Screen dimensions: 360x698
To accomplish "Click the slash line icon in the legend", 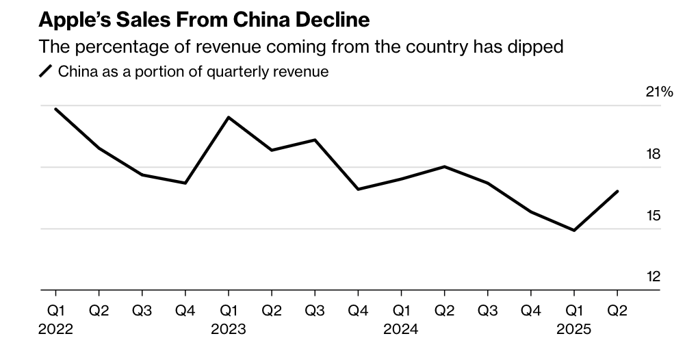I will [x=46, y=71].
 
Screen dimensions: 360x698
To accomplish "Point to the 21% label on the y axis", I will [x=660, y=92].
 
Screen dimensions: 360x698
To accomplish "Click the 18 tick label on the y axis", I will [x=653, y=154].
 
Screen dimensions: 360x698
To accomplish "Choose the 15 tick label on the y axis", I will [x=653, y=216].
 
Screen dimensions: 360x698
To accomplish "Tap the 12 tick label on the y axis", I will [x=653, y=277].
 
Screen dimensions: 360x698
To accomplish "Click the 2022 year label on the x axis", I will [x=55, y=329].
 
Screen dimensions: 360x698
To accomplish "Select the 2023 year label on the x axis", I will [x=228, y=329].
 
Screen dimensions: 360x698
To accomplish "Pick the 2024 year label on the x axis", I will [x=401, y=329].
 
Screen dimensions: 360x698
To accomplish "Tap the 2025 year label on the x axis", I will [x=573, y=329].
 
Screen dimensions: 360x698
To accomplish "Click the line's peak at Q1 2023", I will [x=229, y=117].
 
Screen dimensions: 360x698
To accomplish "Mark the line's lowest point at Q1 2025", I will [x=573, y=231].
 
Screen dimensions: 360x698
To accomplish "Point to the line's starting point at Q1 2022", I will [x=55, y=109].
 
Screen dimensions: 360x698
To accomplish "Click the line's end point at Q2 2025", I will [x=618, y=192].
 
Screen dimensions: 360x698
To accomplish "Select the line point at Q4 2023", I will [x=358, y=189].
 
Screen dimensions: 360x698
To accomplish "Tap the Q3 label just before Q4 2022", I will [x=142, y=311].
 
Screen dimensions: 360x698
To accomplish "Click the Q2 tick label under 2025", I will [x=617, y=311].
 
